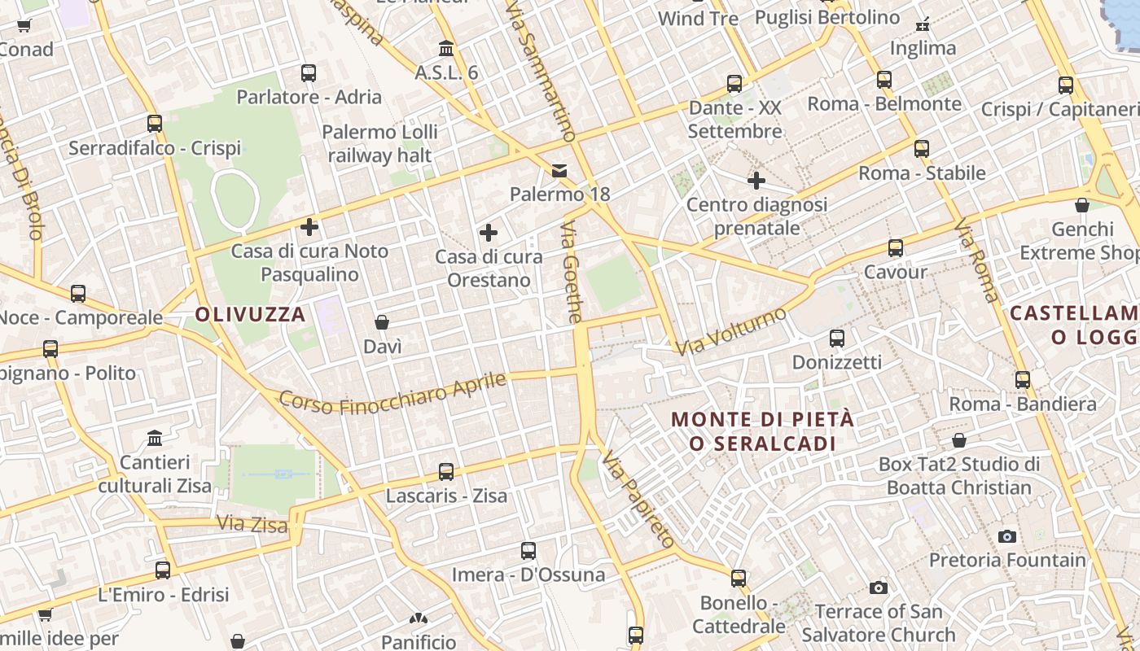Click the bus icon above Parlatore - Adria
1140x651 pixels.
tap(309, 73)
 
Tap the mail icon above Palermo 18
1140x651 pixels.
tap(559, 170)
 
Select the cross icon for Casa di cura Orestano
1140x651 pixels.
tap(489, 234)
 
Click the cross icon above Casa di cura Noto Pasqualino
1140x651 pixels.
tap(309, 227)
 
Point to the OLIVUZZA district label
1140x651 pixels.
tap(251, 314)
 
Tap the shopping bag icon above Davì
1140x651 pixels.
tap(381, 323)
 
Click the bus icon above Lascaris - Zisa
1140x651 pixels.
tap(446, 472)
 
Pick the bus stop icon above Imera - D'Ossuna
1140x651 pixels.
tap(528, 551)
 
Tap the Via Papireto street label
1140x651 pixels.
tap(639, 500)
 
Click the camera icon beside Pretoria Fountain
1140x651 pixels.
tap(1007, 537)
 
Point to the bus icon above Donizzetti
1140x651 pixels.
tap(836, 339)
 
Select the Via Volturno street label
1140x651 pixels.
tap(731, 331)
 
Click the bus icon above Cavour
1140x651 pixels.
tap(896, 248)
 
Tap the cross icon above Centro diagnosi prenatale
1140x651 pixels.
tap(756, 181)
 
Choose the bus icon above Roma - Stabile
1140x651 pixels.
tap(922, 149)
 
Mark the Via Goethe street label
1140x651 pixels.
tap(572, 273)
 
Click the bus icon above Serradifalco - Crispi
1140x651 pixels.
tap(155, 124)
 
